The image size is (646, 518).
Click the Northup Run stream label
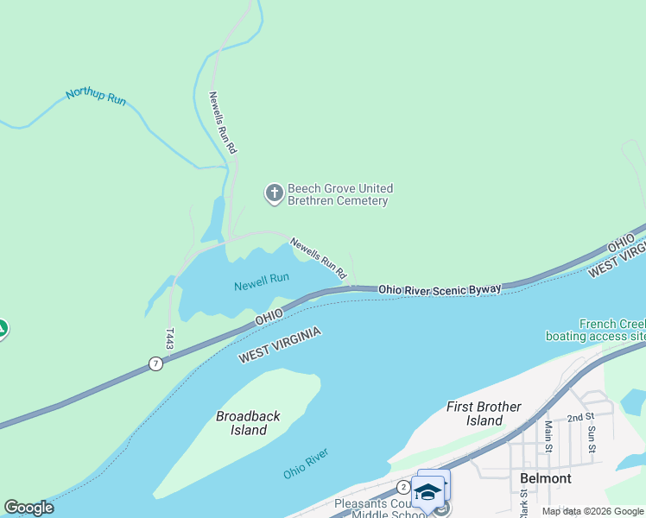pos(96,96)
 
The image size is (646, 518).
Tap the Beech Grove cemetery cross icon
pos(274,193)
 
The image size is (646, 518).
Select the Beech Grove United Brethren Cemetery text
pos(339,194)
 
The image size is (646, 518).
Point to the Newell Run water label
pos(261,279)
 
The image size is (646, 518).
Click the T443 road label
pos(170,337)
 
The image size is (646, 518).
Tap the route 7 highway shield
pos(155,363)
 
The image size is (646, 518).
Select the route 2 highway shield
pos(403,487)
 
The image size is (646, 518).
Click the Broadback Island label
pos(248,422)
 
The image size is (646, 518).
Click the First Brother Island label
pos(484,413)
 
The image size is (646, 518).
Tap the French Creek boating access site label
pos(604,330)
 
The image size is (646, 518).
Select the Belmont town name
pos(545,477)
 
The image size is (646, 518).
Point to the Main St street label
pos(548,436)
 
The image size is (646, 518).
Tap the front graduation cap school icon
pos(427,493)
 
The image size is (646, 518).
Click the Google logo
pos(28,508)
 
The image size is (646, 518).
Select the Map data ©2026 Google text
pos(592,511)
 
